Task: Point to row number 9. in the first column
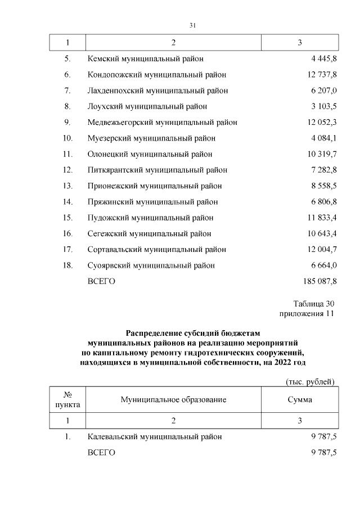pyautogui.click(x=67, y=122)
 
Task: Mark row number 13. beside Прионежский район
pyautogui.click(x=67, y=186)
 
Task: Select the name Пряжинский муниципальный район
pyautogui.click(x=152, y=201)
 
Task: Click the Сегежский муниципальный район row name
pyautogui.click(x=150, y=233)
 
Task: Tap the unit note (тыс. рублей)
pyautogui.click(x=310, y=382)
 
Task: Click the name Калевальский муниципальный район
pyautogui.click(x=155, y=436)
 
